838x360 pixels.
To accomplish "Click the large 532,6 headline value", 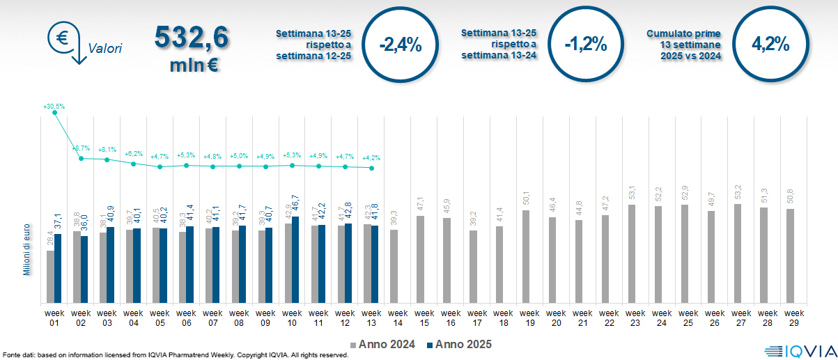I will click(191, 38).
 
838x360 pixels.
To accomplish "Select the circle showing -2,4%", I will click(401, 45).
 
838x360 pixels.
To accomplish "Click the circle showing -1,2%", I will click(586, 45).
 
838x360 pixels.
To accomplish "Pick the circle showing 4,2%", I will click(770, 45).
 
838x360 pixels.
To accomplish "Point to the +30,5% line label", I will click(54, 107).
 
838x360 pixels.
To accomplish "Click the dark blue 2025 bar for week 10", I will click(295, 260).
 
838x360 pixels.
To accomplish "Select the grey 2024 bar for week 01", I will click(50, 276).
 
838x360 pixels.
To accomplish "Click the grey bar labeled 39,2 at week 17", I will click(473, 267).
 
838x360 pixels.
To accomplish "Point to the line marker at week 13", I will click(372, 169).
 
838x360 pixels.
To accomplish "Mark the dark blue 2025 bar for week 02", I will click(84, 269).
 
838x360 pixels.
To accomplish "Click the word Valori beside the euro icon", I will click(105, 49).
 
